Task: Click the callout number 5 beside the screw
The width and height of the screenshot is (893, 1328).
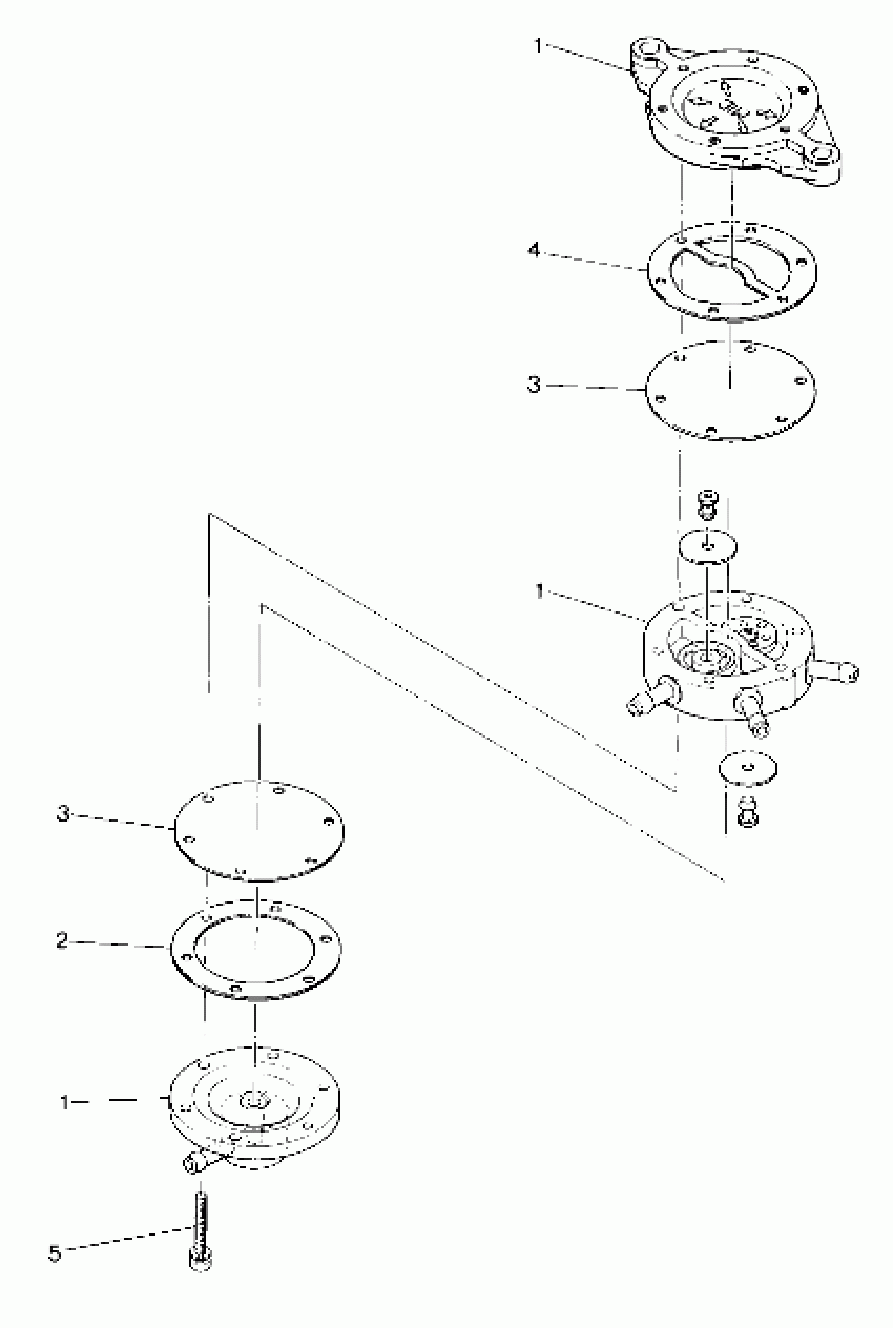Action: pos(55,1253)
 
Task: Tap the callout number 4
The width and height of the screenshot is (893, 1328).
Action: pos(534,251)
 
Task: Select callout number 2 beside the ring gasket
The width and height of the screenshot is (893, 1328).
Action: pos(62,940)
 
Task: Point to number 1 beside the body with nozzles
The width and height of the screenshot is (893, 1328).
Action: pos(539,591)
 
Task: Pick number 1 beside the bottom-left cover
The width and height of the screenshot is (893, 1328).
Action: pos(65,1103)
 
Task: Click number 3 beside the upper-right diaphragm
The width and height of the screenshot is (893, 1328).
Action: pos(534,385)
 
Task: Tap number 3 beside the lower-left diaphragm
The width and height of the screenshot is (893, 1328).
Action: pos(63,813)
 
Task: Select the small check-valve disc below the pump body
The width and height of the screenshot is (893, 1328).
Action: pos(749,769)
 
